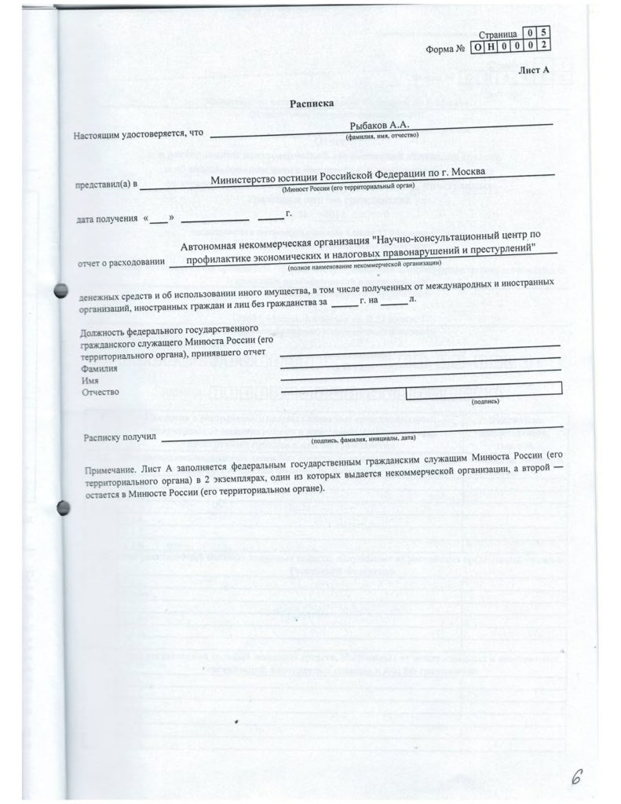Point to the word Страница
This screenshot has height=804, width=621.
(498, 35)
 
